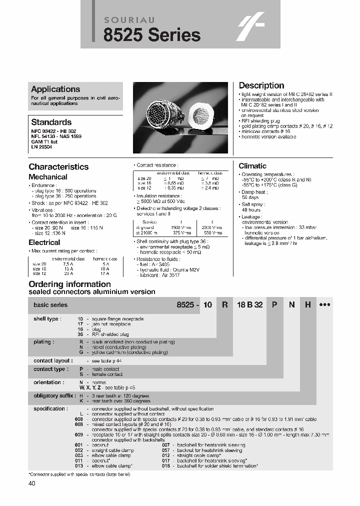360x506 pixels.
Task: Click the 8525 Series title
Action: tap(151, 35)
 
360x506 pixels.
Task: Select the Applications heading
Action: tap(55, 89)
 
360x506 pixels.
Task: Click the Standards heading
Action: tap(51, 122)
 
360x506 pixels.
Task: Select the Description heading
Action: tap(261, 85)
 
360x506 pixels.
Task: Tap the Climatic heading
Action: tap(252, 166)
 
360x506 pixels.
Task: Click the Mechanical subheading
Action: tap(47, 177)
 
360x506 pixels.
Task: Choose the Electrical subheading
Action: tap(44, 242)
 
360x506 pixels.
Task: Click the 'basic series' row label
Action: tap(50, 305)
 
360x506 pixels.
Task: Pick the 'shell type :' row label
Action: tap(47, 319)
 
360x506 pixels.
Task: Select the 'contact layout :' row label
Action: tap(53, 360)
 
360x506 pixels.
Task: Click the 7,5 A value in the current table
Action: tap(68, 263)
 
